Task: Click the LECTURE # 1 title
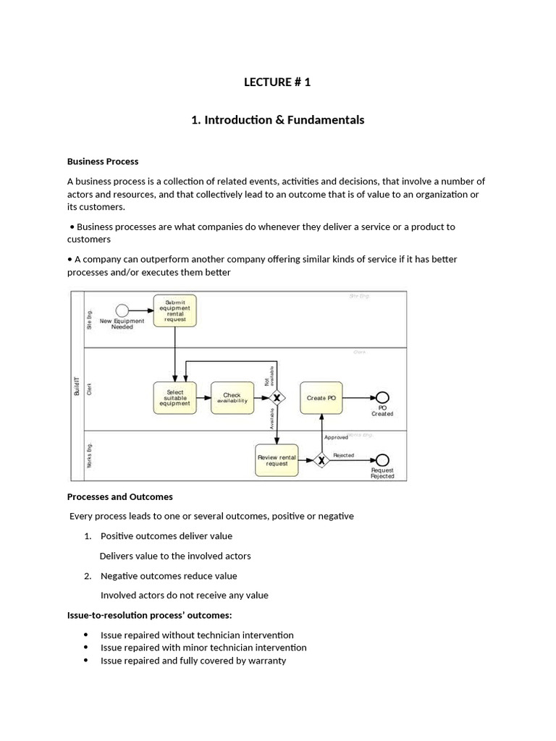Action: point(277,82)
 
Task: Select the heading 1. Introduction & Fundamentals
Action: point(277,120)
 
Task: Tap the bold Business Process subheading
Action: point(103,161)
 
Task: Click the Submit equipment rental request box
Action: point(175,310)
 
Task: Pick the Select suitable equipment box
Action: point(175,397)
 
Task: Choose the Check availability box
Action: point(232,397)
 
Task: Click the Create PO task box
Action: point(321,397)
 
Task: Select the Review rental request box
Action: point(277,460)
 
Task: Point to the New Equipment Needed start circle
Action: point(122,310)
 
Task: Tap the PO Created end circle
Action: point(382,397)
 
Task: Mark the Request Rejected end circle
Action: point(382,460)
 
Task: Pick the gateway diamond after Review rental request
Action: point(321,460)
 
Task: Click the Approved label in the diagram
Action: point(336,437)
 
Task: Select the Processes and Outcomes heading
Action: point(120,496)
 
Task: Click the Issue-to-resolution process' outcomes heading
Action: point(149,615)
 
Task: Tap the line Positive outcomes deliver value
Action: point(167,536)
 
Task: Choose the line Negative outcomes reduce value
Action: point(169,576)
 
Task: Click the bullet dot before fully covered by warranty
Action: point(86,661)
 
